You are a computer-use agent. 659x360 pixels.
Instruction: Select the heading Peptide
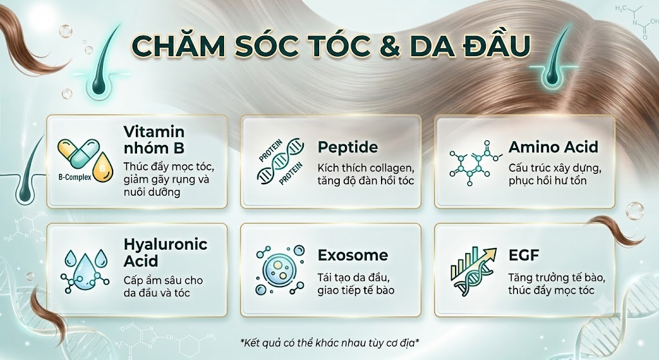[x=348, y=147]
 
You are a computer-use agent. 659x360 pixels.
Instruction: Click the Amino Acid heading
[x=553, y=147]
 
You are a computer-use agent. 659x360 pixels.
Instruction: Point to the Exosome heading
[x=353, y=255]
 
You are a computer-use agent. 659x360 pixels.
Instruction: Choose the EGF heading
[x=524, y=255]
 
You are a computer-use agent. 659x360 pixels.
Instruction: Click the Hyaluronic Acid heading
[x=165, y=252]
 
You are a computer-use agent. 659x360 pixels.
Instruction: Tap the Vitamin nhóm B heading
[x=154, y=140]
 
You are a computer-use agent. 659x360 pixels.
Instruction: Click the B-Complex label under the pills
[x=75, y=177]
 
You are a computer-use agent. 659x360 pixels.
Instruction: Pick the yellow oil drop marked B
[x=103, y=168]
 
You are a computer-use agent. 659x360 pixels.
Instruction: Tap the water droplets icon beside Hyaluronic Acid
[x=84, y=271]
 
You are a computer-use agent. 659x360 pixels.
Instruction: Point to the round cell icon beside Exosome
[x=280, y=270]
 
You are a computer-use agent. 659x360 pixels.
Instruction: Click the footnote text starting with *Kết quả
[x=329, y=343]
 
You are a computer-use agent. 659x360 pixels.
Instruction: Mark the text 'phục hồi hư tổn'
[x=547, y=181]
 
